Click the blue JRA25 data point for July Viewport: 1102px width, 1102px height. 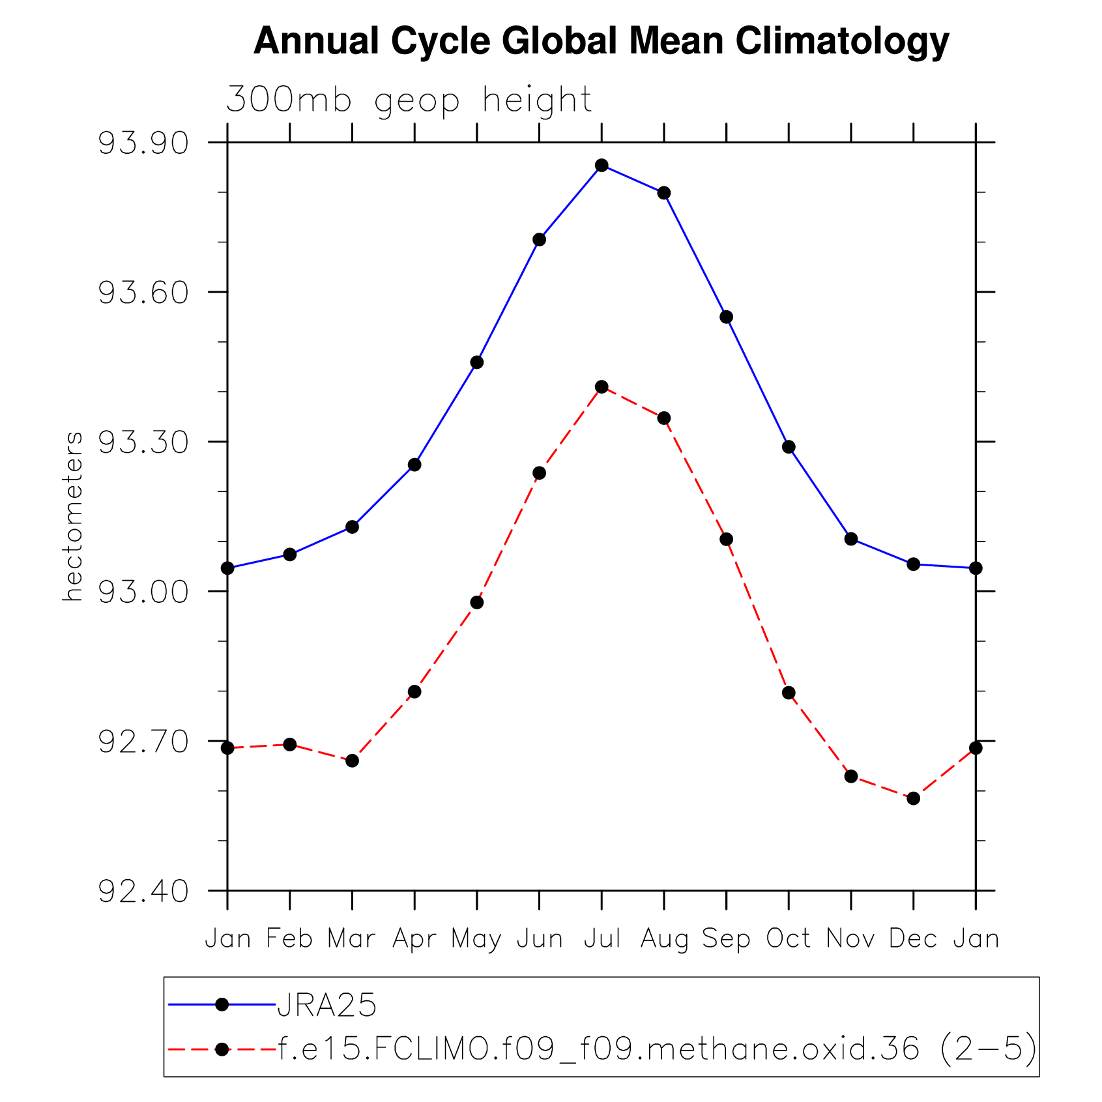coord(602,166)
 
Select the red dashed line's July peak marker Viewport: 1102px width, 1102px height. coord(602,387)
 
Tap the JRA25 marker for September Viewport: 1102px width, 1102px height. coord(726,317)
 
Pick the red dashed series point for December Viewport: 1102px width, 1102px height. coord(913,798)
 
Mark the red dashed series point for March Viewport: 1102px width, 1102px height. coord(352,761)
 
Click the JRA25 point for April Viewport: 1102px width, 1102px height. coord(414,465)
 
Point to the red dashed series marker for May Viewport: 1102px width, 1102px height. coord(477,603)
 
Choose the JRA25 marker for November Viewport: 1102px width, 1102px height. coord(850,539)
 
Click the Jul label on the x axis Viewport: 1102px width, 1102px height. coord(602,939)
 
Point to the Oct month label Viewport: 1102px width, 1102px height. coord(789,939)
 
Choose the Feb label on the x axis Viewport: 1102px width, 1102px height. coord(289,939)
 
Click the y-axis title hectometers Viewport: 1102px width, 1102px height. coord(73,516)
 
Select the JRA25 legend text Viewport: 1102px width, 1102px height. coord(327,1005)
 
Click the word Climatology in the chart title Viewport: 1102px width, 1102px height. coord(842,41)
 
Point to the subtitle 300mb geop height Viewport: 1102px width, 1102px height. coord(409,101)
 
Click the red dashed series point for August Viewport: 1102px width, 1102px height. coord(663,418)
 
